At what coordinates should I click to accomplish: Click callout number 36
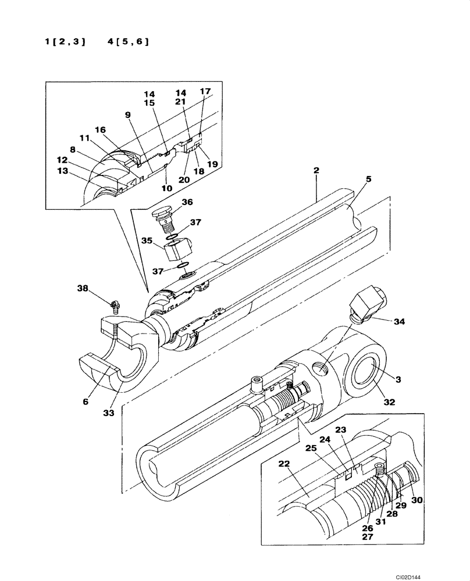click(x=187, y=202)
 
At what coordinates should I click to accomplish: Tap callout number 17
click(x=205, y=91)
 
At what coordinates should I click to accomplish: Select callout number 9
click(x=127, y=114)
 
